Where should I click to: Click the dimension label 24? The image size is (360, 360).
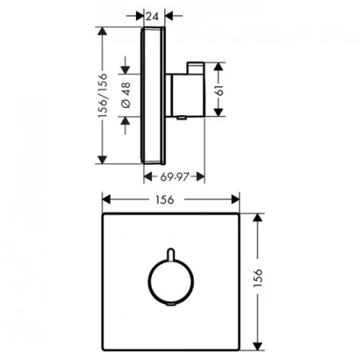coord(152,17)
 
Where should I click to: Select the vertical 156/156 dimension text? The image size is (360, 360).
coord(102,95)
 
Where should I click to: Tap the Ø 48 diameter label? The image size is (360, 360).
coord(126,95)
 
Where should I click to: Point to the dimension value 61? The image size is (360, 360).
coord(219,90)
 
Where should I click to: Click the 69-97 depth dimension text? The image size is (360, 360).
coord(174,177)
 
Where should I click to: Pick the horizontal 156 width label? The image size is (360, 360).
coord(165,200)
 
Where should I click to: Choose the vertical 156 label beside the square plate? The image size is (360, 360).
coord(258,278)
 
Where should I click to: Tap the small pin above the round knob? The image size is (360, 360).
coord(170,254)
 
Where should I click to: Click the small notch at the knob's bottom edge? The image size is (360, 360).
coord(170,305)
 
